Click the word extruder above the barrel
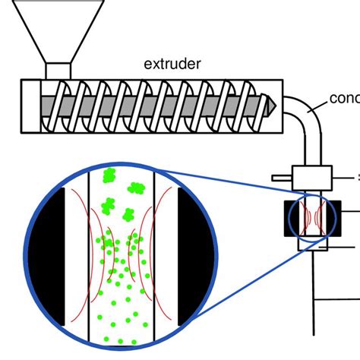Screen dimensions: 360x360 [x=172, y=64]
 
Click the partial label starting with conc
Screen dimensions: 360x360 [x=344, y=99]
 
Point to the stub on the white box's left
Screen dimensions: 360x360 [x=281, y=180]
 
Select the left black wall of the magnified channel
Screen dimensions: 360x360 [x=90, y=258]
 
